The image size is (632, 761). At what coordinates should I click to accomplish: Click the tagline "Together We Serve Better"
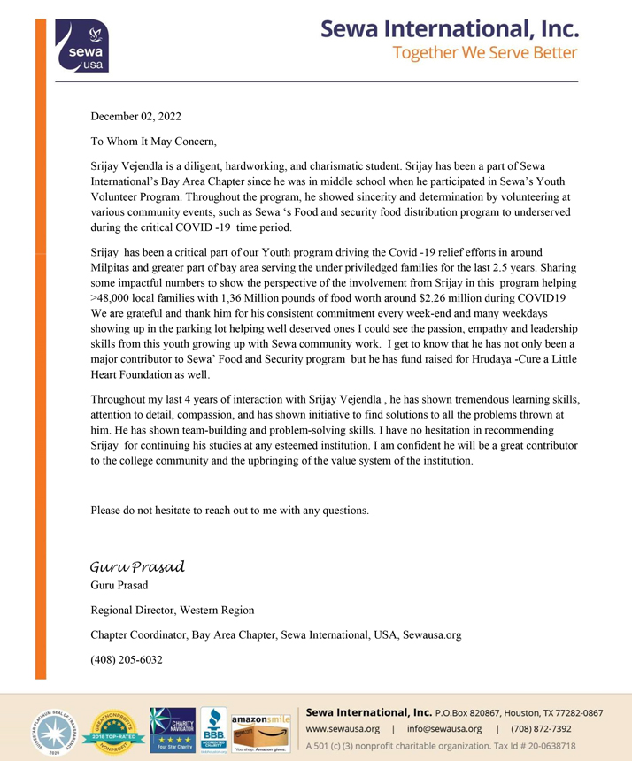(x=485, y=53)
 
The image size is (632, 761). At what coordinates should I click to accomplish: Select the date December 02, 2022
(x=136, y=116)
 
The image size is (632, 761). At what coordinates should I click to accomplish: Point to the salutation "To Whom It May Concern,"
(x=153, y=141)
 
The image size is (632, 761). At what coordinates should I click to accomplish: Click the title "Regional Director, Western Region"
(x=173, y=610)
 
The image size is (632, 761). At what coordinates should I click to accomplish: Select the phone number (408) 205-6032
(x=127, y=659)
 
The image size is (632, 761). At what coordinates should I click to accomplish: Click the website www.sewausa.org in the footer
(x=343, y=729)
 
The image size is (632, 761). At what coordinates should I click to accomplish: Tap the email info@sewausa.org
(x=444, y=729)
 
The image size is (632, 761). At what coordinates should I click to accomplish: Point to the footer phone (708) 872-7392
(x=542, y=729)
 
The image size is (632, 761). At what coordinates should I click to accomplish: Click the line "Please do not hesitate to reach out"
(x=229, y=510)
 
